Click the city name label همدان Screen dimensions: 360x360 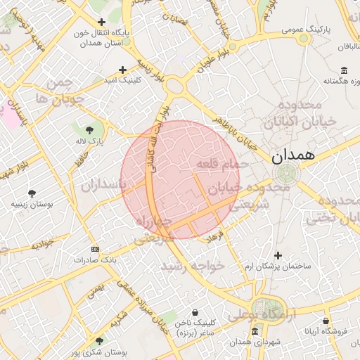pos(297,155)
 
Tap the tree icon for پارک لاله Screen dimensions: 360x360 pos(89,130)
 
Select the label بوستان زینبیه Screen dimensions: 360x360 pos(32,205)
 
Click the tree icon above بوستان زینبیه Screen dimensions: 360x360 pos(32,193)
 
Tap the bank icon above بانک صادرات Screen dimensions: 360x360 pos(96,249)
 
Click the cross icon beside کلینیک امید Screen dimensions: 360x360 pos(123,70)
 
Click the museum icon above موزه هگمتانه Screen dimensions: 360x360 pos(344,70)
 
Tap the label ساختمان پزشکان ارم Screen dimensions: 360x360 pos(277,266)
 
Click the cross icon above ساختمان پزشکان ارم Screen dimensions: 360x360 pos(278,255)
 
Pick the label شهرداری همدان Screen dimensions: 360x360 pos(255,342)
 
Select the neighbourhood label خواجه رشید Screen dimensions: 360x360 pos(191,266)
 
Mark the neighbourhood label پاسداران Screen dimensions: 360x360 pos(102,186)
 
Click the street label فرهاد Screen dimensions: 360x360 pos(214,236)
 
